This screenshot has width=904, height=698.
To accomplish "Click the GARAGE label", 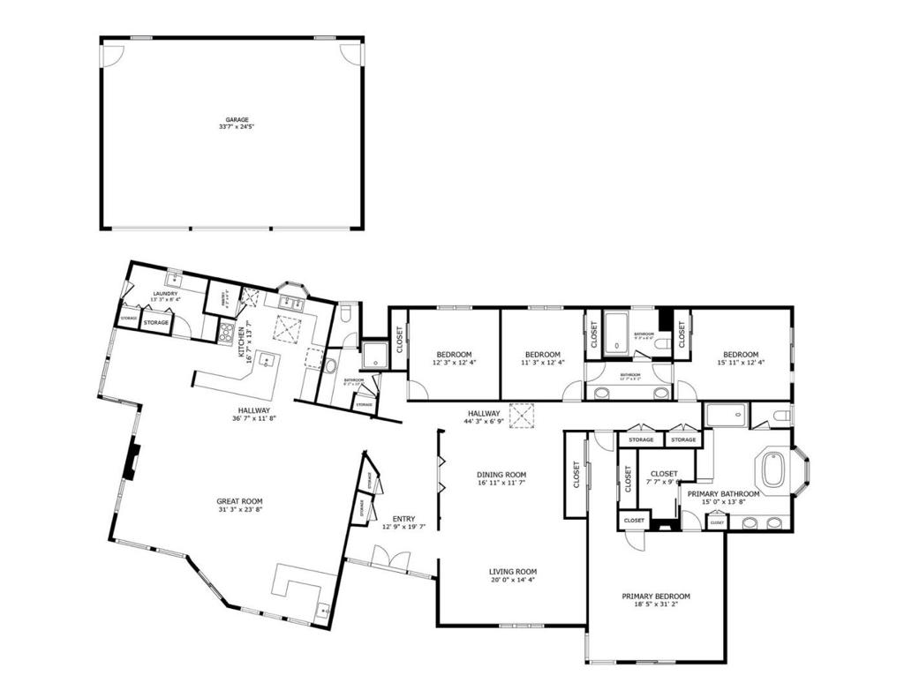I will pyautogui.click(x=236, y=119).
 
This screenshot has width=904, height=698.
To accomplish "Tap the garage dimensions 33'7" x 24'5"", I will pyautogui.click(x=236, y=127).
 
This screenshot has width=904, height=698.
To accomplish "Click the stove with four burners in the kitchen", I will pyautogui.click(x=226, y=333).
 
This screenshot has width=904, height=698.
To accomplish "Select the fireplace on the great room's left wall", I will pyautogui.click(x=130, y=462).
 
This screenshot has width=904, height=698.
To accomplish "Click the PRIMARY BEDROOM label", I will pyautogui.click(x=655, y=596).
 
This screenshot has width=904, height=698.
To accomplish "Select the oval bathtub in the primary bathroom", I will pyautogui.click(x=772, y=469).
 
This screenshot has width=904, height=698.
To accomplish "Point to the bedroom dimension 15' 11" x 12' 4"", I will pyautogui.click(x=741, y=362).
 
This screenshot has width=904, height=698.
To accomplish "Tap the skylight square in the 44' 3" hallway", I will pyautogui.click(x=523, y=414).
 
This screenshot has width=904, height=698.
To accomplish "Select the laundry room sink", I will pyautogui.click(x=175, y=279).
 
